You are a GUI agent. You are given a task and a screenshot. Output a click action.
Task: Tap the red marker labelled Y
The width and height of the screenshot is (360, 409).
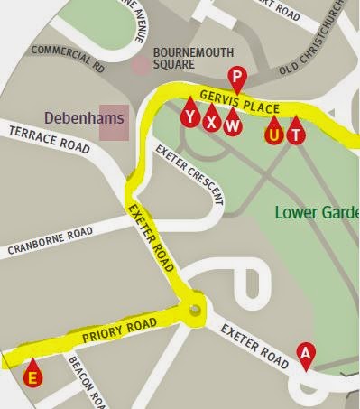[x=189, y=116]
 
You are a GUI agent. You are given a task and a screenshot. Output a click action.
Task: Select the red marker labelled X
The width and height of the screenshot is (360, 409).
[x=211, y=120]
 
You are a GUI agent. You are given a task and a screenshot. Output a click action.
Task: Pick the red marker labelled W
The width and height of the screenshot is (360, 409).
[x=233, y=124]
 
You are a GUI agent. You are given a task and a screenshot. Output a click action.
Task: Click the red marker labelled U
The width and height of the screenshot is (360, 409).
[x=272, y=134]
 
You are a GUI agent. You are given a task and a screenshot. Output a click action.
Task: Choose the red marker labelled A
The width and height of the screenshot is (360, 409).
[x=305, y=353]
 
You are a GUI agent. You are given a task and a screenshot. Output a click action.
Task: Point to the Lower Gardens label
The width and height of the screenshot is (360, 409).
[x=317, y=213]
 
